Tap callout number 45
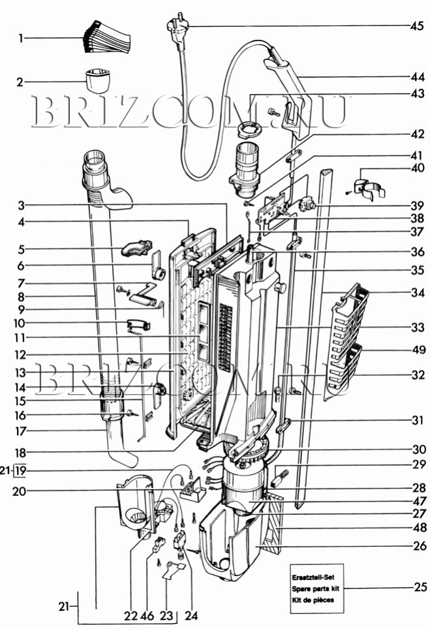(417, 26)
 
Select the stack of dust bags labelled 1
(107, 37)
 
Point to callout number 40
(418, 168)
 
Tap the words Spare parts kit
(315, 589)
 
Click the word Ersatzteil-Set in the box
(313, 577)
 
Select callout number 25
(420, 587)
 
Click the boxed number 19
(20, 470)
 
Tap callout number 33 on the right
(418, 328)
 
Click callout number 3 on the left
(21, 206)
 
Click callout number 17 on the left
(20, 431)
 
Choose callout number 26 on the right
(420, 545)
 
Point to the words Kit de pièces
(313, 600)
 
